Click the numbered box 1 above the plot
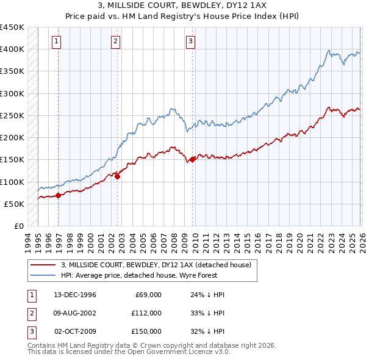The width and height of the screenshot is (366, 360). pyautogui.click(x=56, y=41)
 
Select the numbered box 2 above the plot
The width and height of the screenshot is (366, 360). pyautogui.click(x=115, y=41)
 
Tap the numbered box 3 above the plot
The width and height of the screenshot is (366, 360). pyautogui.click(x=190, y=41)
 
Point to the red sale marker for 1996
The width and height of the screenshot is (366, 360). pyautogui.click(x=59, y=195)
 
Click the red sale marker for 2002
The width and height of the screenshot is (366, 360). pyautogui.click(x=118, y=176)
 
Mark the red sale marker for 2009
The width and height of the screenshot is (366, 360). pyautogui.click(x=193, y=159)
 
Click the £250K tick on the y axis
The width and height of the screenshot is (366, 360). pyautogui.click(x=12, y=115)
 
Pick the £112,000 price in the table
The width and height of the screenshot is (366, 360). pyautogui.click(x=146, y=313)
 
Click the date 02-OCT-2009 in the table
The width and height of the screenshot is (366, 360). pyautogui.click(x=75, y=331)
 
